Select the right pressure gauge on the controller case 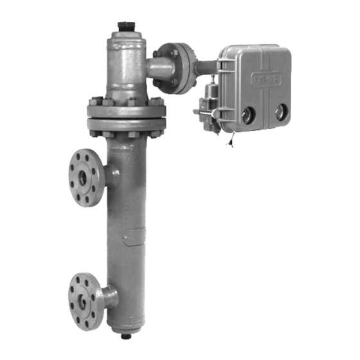point(280,113)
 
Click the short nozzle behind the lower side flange point(109,296)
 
